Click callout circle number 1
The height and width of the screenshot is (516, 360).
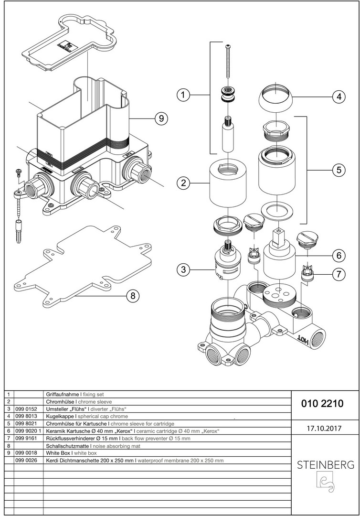pyautogui.click(x=182, y=95)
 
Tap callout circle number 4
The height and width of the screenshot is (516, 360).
pyautogui.click(x=339, y=97)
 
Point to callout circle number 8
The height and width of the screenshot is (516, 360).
pyautogui.click(x=133, y=296)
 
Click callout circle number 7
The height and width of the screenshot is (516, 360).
pyautogui.click(x=339, y=275)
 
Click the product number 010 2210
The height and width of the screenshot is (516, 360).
pyautogui.click(x=322, y=404)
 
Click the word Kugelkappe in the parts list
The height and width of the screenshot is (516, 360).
pyautogui.click(x=59, y=417)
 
